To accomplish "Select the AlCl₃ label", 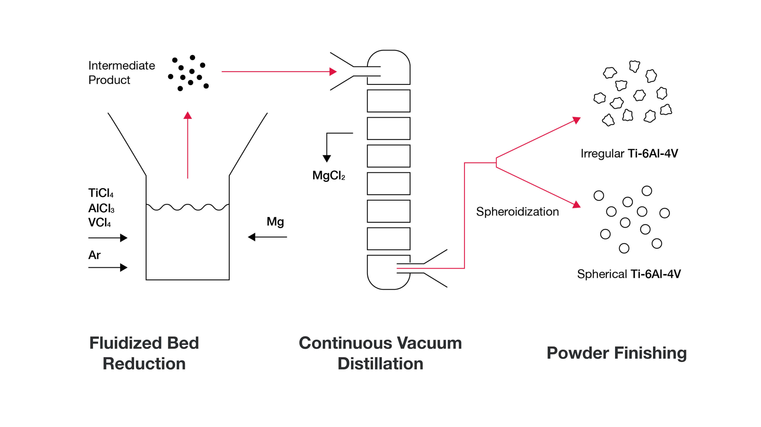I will click(x=101, y=209).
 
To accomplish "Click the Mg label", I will click(x=275, y=222).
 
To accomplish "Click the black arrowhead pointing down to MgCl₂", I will click(x=327, y=158).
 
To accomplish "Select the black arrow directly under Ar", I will click(x=108, y=268).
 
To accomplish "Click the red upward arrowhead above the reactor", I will click(x=188, y=116).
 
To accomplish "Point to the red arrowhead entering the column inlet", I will click(x=333, y=71).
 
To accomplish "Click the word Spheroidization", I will click(x=517, y=212).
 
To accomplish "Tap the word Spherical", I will click(x=602, y=274).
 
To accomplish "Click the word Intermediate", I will click(x=121, y=65).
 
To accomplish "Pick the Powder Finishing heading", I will click(x=616, y=353).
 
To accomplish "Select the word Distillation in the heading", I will click(x=380, y=363).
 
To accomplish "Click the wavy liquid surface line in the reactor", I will click(x=188, y=207).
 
